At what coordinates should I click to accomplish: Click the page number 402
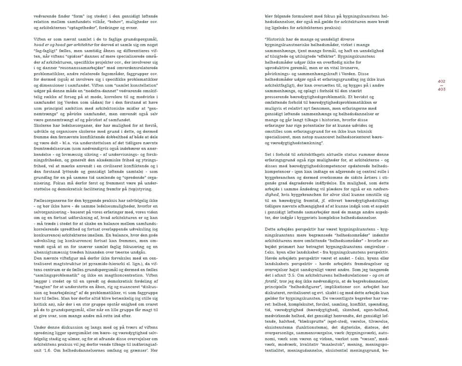441,82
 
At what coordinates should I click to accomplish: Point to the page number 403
441,89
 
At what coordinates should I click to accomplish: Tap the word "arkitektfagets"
307,154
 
